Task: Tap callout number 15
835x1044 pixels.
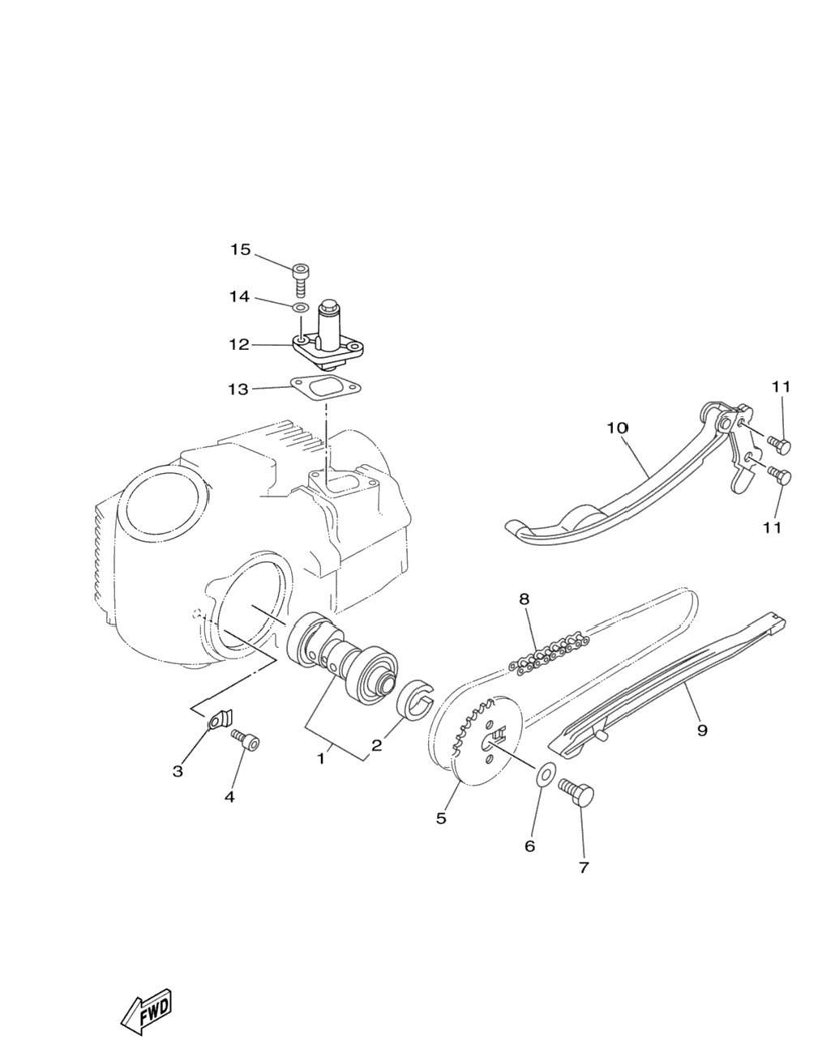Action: point(240,249)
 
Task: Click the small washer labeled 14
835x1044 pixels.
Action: point(301,307)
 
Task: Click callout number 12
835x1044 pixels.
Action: point(239,344)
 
